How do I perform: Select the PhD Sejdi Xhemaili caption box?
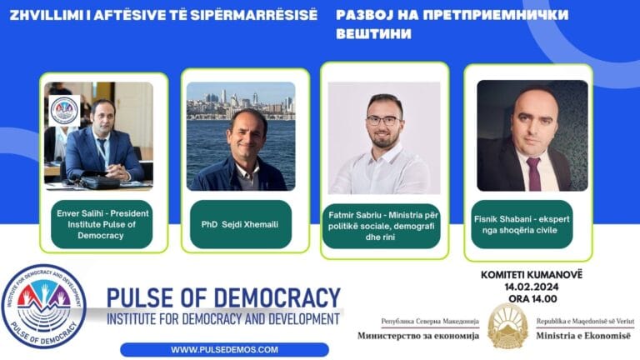241,223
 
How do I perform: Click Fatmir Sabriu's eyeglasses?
382,120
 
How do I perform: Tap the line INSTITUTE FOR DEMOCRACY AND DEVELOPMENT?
223,319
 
